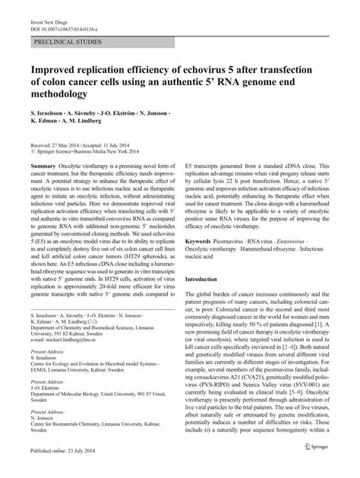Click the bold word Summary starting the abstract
click(x=43, y=166)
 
